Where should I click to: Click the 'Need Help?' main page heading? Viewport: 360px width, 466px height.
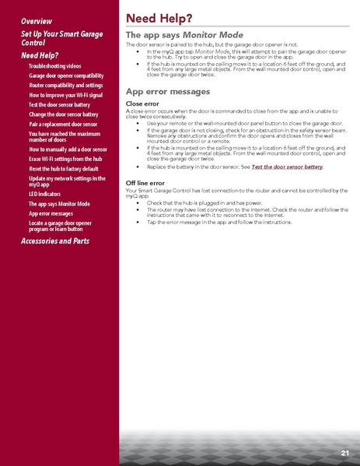click(x=159, y=18)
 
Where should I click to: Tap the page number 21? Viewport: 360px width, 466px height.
click(x=344, y=452)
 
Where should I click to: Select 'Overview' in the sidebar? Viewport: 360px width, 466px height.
click(x=37, y=19)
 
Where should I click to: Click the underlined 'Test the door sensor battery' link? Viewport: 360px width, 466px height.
click(x=287, y=167)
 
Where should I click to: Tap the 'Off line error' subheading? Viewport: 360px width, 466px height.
click(x=145, y=182)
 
